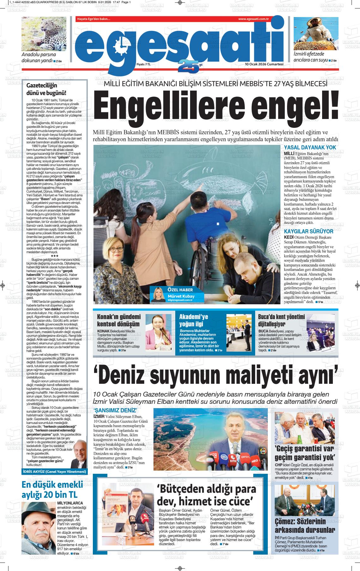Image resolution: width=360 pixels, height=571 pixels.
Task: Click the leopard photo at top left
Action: (44, 34)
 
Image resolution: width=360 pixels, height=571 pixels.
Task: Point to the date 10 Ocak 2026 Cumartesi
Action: (264, 64)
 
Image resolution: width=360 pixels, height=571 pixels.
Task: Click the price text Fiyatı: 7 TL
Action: (144, 64)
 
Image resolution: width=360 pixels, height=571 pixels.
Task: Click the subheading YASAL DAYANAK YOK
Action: (310, 147)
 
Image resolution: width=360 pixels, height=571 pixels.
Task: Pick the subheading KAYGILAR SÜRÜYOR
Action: (309, 232)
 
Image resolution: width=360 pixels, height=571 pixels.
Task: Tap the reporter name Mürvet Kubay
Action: (181, 296)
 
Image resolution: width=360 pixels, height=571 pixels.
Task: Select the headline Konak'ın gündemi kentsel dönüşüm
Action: (118, 320)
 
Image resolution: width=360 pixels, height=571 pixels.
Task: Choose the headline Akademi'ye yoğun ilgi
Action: (194, 320)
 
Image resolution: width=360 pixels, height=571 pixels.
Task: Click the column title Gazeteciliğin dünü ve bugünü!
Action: (46, 89)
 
